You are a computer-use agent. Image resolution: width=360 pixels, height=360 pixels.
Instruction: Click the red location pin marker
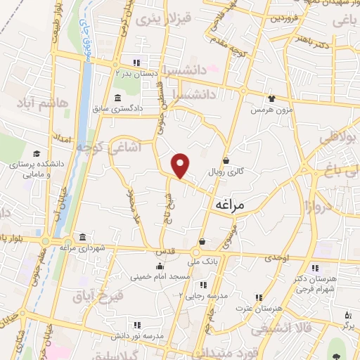(x=181, y=165)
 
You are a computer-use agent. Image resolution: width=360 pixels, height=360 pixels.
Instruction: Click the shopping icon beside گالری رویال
(x=226, y=160)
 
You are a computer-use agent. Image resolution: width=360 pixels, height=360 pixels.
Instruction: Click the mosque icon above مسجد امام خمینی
(x=161, y=265)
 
